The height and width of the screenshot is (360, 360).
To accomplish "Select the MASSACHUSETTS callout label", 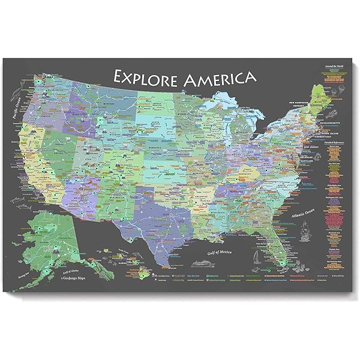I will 298,123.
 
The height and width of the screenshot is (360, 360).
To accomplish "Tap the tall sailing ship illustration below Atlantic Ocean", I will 305,230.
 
